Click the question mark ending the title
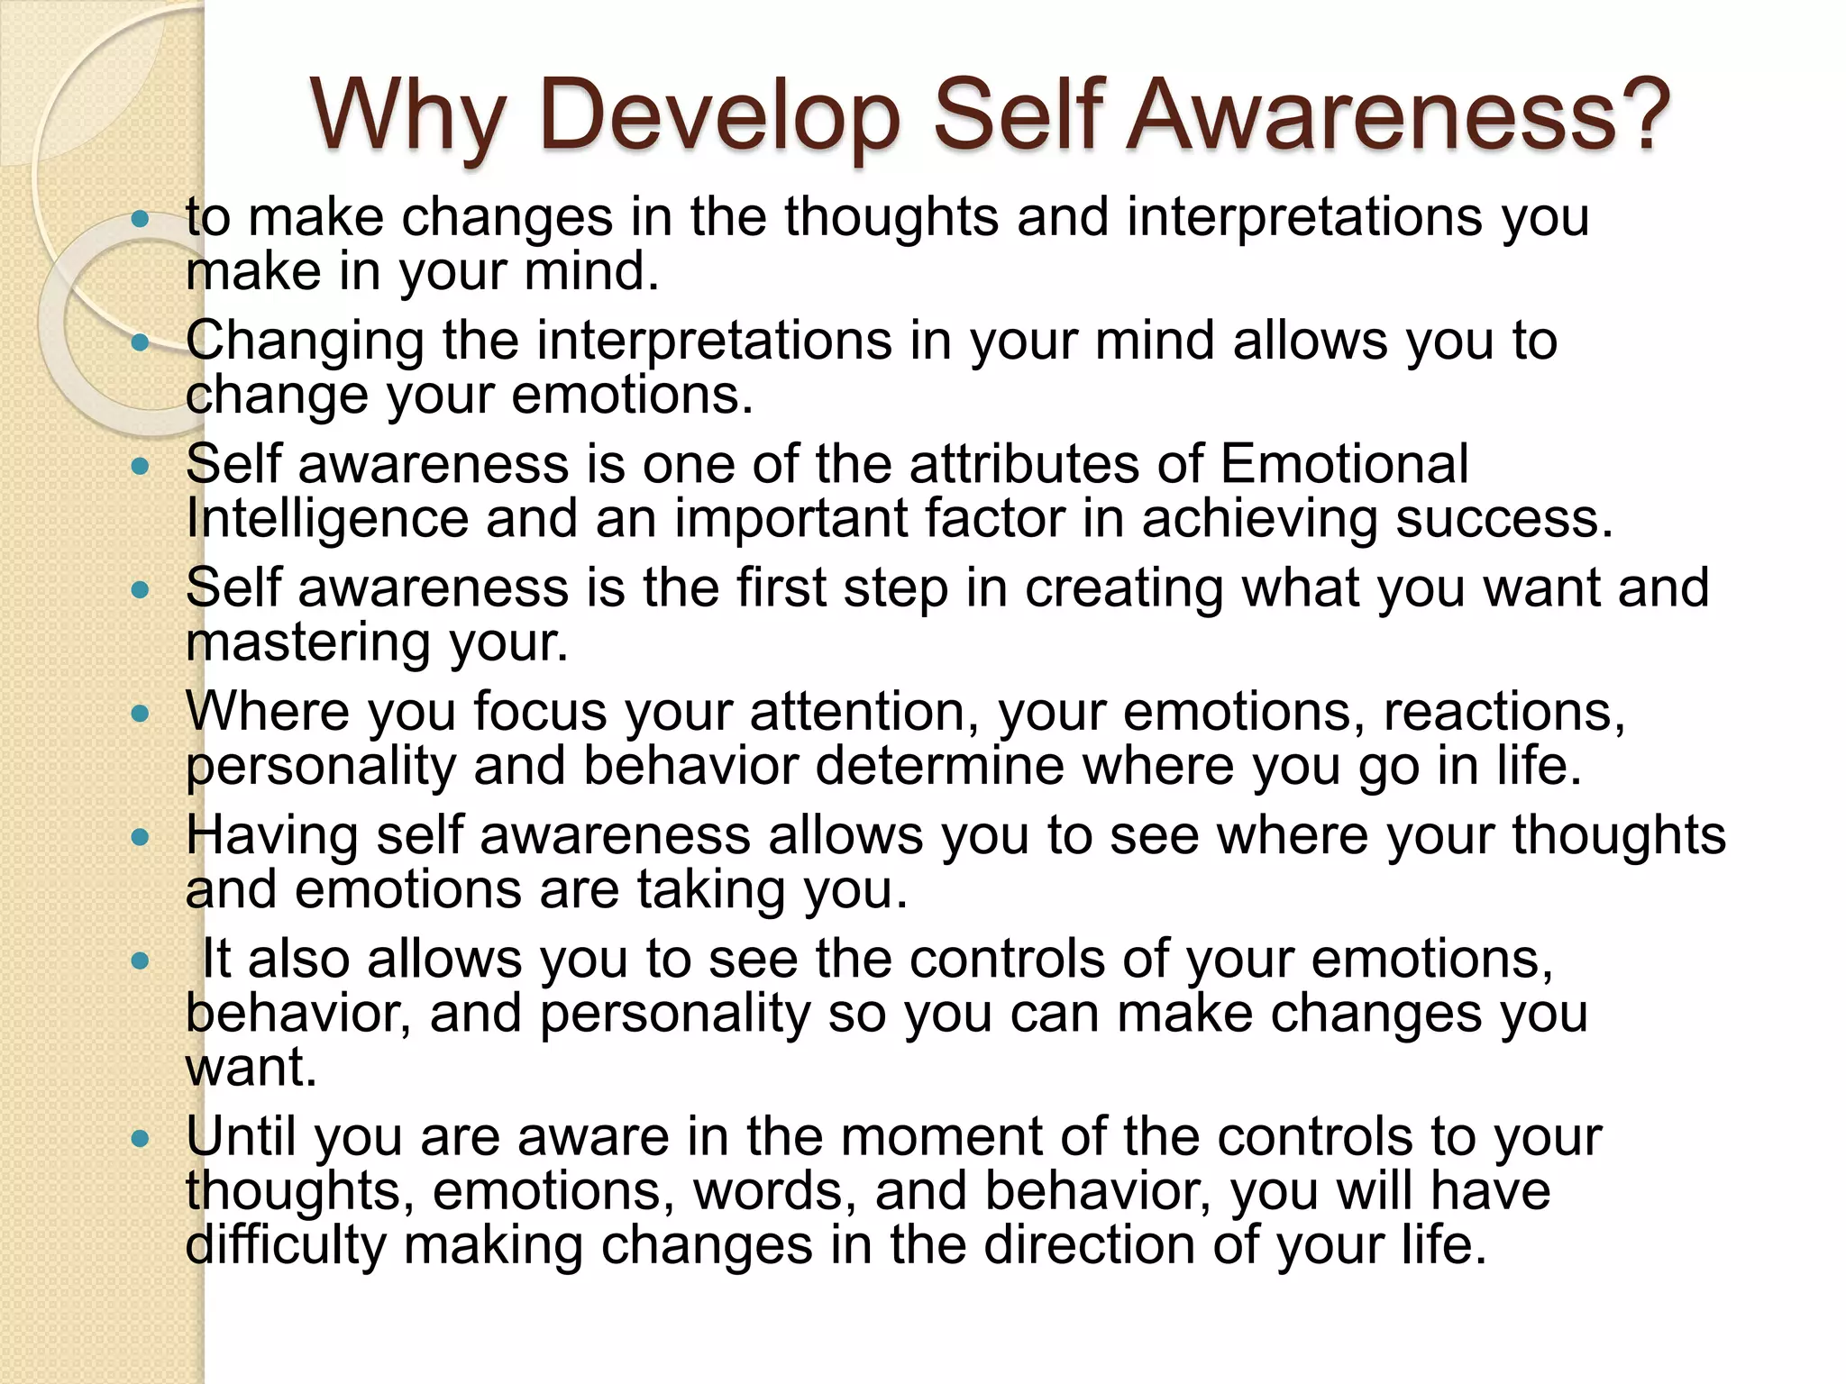click(x=1640, y=114)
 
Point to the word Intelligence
click(x=327, y=520)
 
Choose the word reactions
click(x=1503, y=712)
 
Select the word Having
click(x=272, y=835)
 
